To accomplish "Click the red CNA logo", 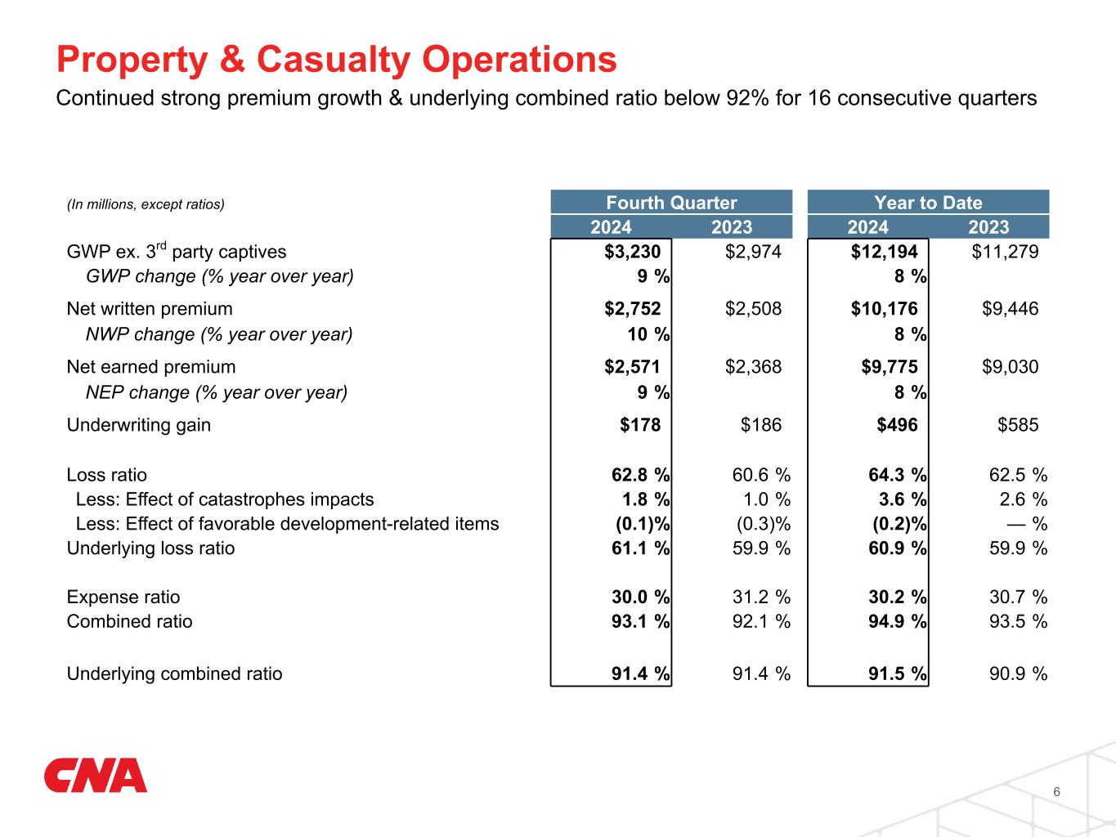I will [x=95, y=776].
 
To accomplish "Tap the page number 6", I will [x=1057, y=791].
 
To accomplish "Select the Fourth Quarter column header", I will [x=671, y=203].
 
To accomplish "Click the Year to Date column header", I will [x=928, y=203].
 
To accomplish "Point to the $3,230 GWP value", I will [x=632, y=252].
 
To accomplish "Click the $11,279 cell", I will [x=1005, y=252].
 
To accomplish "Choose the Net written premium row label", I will [x=150, y=309].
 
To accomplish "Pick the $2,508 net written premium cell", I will [x=753, y=309].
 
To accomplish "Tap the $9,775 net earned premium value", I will [x=890, y=367].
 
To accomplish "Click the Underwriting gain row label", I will [x=138, y=425].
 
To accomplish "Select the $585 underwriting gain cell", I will [x=1018, y=425].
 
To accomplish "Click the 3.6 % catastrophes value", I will [x=901, y=499].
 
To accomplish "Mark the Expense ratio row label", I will [x=123, y=598].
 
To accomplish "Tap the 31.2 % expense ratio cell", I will [x=760, y=598].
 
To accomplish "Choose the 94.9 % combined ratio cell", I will [x=897, y=622].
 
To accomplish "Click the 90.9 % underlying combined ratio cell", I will [x=1017, y=674].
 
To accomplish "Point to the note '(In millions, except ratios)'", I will [x=146, y=204].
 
